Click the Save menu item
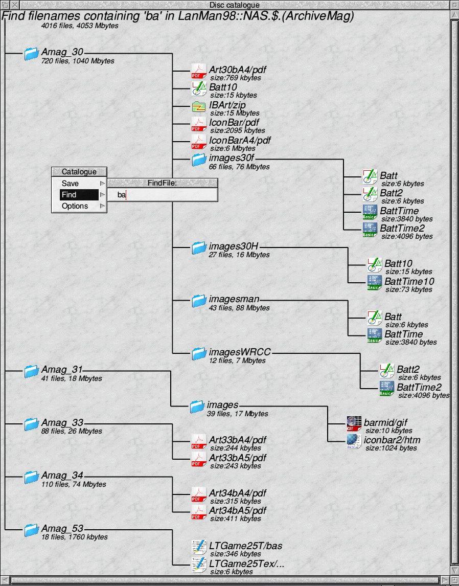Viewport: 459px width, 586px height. pos(70,184)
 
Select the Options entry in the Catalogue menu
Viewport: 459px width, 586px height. pos(75,206)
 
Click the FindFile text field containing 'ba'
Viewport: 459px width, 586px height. pos(162,195)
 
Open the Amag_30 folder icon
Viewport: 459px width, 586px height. pos(32,54)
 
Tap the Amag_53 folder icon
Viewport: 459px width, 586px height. pos(32,530)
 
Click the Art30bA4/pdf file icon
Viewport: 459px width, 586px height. pos(198,72)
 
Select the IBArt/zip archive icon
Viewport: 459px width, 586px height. pos(198,107)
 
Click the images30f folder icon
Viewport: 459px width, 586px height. pos(199,160)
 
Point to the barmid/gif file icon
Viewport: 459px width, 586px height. pos(354,424)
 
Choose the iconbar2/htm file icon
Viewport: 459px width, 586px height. pos(354,442)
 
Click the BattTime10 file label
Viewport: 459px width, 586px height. pos(409,282)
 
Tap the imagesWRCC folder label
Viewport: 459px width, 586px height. pos(239,352)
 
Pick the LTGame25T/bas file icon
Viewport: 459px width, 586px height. pos(198,548)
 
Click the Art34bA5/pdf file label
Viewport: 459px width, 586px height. pos(237,510)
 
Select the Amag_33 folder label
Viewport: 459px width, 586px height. pos(62,423)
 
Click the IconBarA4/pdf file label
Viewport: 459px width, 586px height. pos(240,140)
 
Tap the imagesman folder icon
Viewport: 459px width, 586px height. pos(199,301)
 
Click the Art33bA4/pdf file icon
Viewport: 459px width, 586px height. pos(198,442)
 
